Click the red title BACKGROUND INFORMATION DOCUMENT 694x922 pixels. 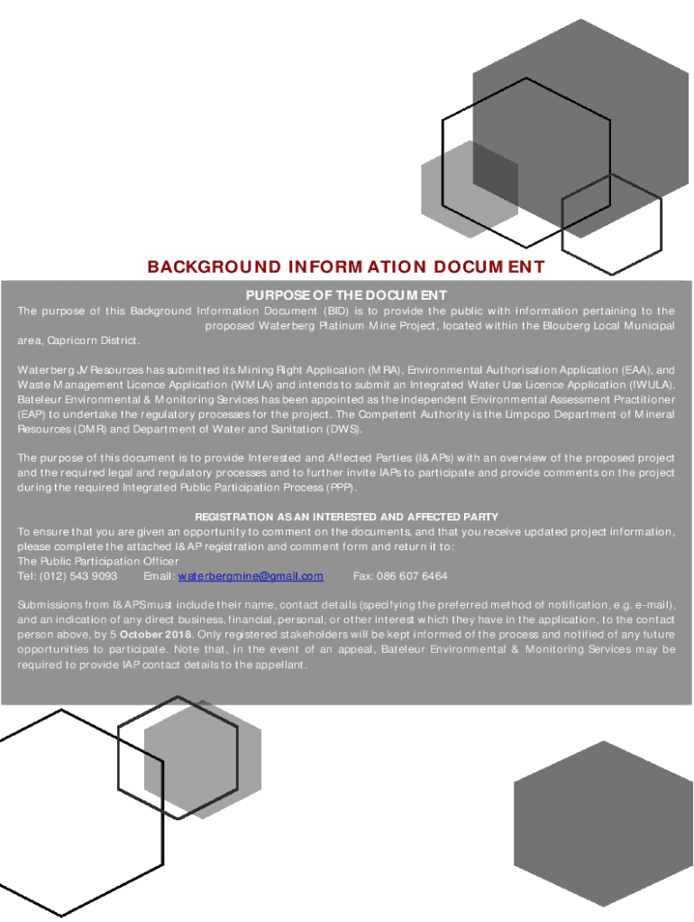(346, 267)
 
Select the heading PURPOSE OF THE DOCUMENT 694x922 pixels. (346, 295)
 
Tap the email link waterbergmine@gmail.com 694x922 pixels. (251, 576)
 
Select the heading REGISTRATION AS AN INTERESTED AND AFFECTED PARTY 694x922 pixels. (346, 518)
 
